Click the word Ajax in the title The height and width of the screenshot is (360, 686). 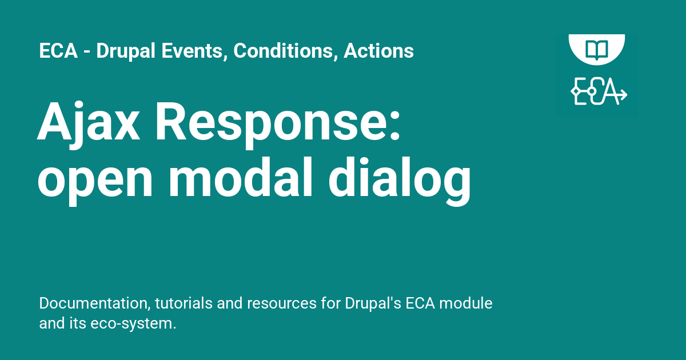tap(88, 125)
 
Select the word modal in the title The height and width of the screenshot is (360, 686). tap(241, 178)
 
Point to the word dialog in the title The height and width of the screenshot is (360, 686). tap(400, 181)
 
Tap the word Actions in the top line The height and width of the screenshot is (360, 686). tap(378, 50)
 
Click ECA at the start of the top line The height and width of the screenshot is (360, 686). tap(58, 50)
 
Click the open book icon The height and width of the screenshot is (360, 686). tap(597, 49)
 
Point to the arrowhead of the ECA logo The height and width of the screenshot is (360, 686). tap(623, 94)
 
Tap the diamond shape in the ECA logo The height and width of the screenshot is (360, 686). tap(576, 91)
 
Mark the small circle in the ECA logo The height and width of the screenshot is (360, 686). tap(592, 91)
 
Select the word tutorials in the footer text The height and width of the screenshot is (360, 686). tap(184, 303)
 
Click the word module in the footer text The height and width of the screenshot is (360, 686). tap(466, 303)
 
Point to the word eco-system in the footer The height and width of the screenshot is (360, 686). tap(133, 324)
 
